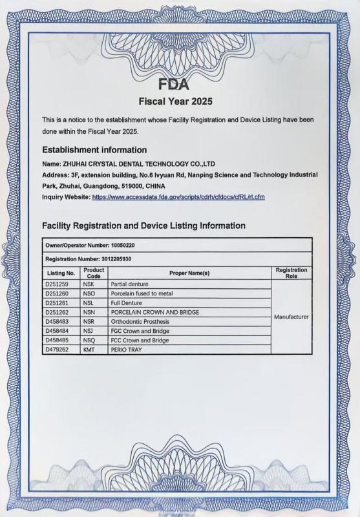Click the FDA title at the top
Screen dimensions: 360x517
point(175,84)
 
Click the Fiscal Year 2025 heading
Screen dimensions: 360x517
point(176,101)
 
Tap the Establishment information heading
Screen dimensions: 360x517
point(94,150)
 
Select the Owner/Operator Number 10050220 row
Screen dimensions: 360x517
point(90,246)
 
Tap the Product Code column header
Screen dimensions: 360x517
point(94,273)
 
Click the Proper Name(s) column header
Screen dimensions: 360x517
point(189,273)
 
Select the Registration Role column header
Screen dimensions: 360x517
point(291,273)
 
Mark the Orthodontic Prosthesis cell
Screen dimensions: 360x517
point(140,322)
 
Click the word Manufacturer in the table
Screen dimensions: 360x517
point(291,317)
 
